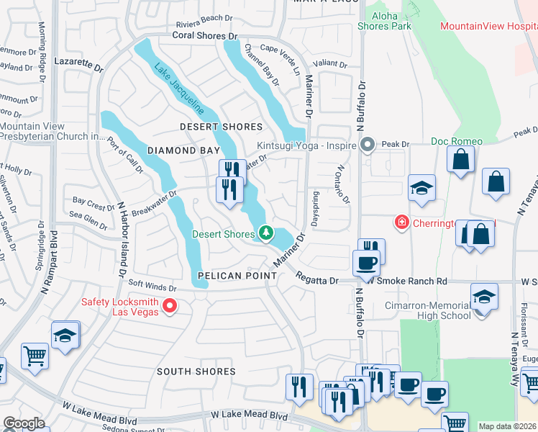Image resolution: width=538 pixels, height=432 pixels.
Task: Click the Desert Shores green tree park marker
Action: click(266, 233)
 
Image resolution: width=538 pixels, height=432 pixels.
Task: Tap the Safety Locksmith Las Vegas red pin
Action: click(170, 307)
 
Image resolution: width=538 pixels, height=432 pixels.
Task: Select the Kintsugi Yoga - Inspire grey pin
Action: click(368, 145)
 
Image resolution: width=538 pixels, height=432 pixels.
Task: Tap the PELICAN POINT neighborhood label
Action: click(237, 276)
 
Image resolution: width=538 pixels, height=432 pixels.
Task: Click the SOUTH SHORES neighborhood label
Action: click(196, 372)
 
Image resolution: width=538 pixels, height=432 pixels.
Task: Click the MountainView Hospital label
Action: click(488, 26)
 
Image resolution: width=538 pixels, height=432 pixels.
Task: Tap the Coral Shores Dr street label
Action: click(204, 35)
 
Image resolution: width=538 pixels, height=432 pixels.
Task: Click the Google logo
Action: click(24, 423)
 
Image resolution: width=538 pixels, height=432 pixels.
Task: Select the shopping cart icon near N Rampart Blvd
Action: click(35, 355)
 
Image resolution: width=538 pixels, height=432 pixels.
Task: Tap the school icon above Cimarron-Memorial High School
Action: click(484, 297)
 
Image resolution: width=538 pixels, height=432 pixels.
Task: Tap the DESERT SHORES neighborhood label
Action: click(222, 127)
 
